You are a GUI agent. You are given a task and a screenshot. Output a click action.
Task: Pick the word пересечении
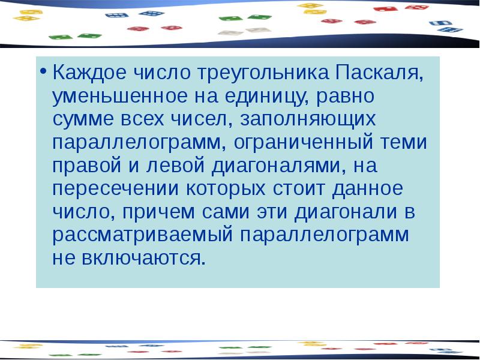click(114, 188)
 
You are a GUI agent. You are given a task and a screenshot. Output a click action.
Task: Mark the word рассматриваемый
click(142, 235)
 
